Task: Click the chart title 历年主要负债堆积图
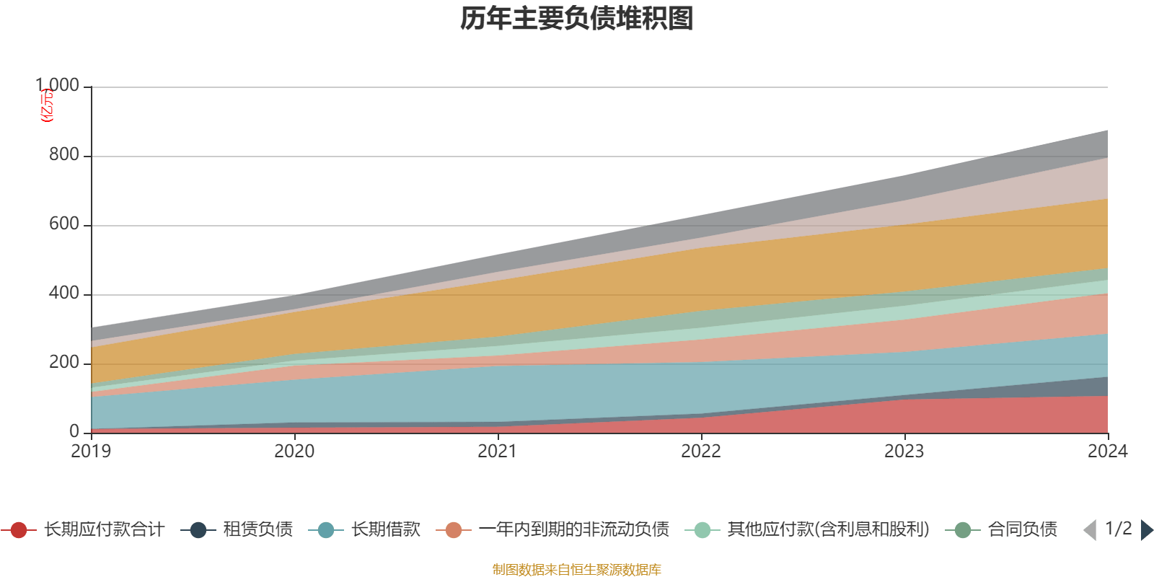tap(577, 19)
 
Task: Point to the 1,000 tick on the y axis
tap(58, 86)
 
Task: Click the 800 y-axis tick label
tap(63, 155)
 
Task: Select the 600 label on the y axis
tap(63, 224)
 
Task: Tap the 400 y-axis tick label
tap(63, 294)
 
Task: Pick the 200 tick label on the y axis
tap(63, 363)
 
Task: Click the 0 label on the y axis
tap(74, 432)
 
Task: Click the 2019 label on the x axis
tap(91, 452)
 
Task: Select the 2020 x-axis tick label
tap(294, 452)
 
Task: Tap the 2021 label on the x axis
tap(498, 452)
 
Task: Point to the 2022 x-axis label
tap(701, 452)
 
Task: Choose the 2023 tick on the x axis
tap(904, 452)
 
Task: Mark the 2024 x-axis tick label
tap(1107, 452)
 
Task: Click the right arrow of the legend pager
tap(1146, 531)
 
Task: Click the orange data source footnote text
tap(577, 570)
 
